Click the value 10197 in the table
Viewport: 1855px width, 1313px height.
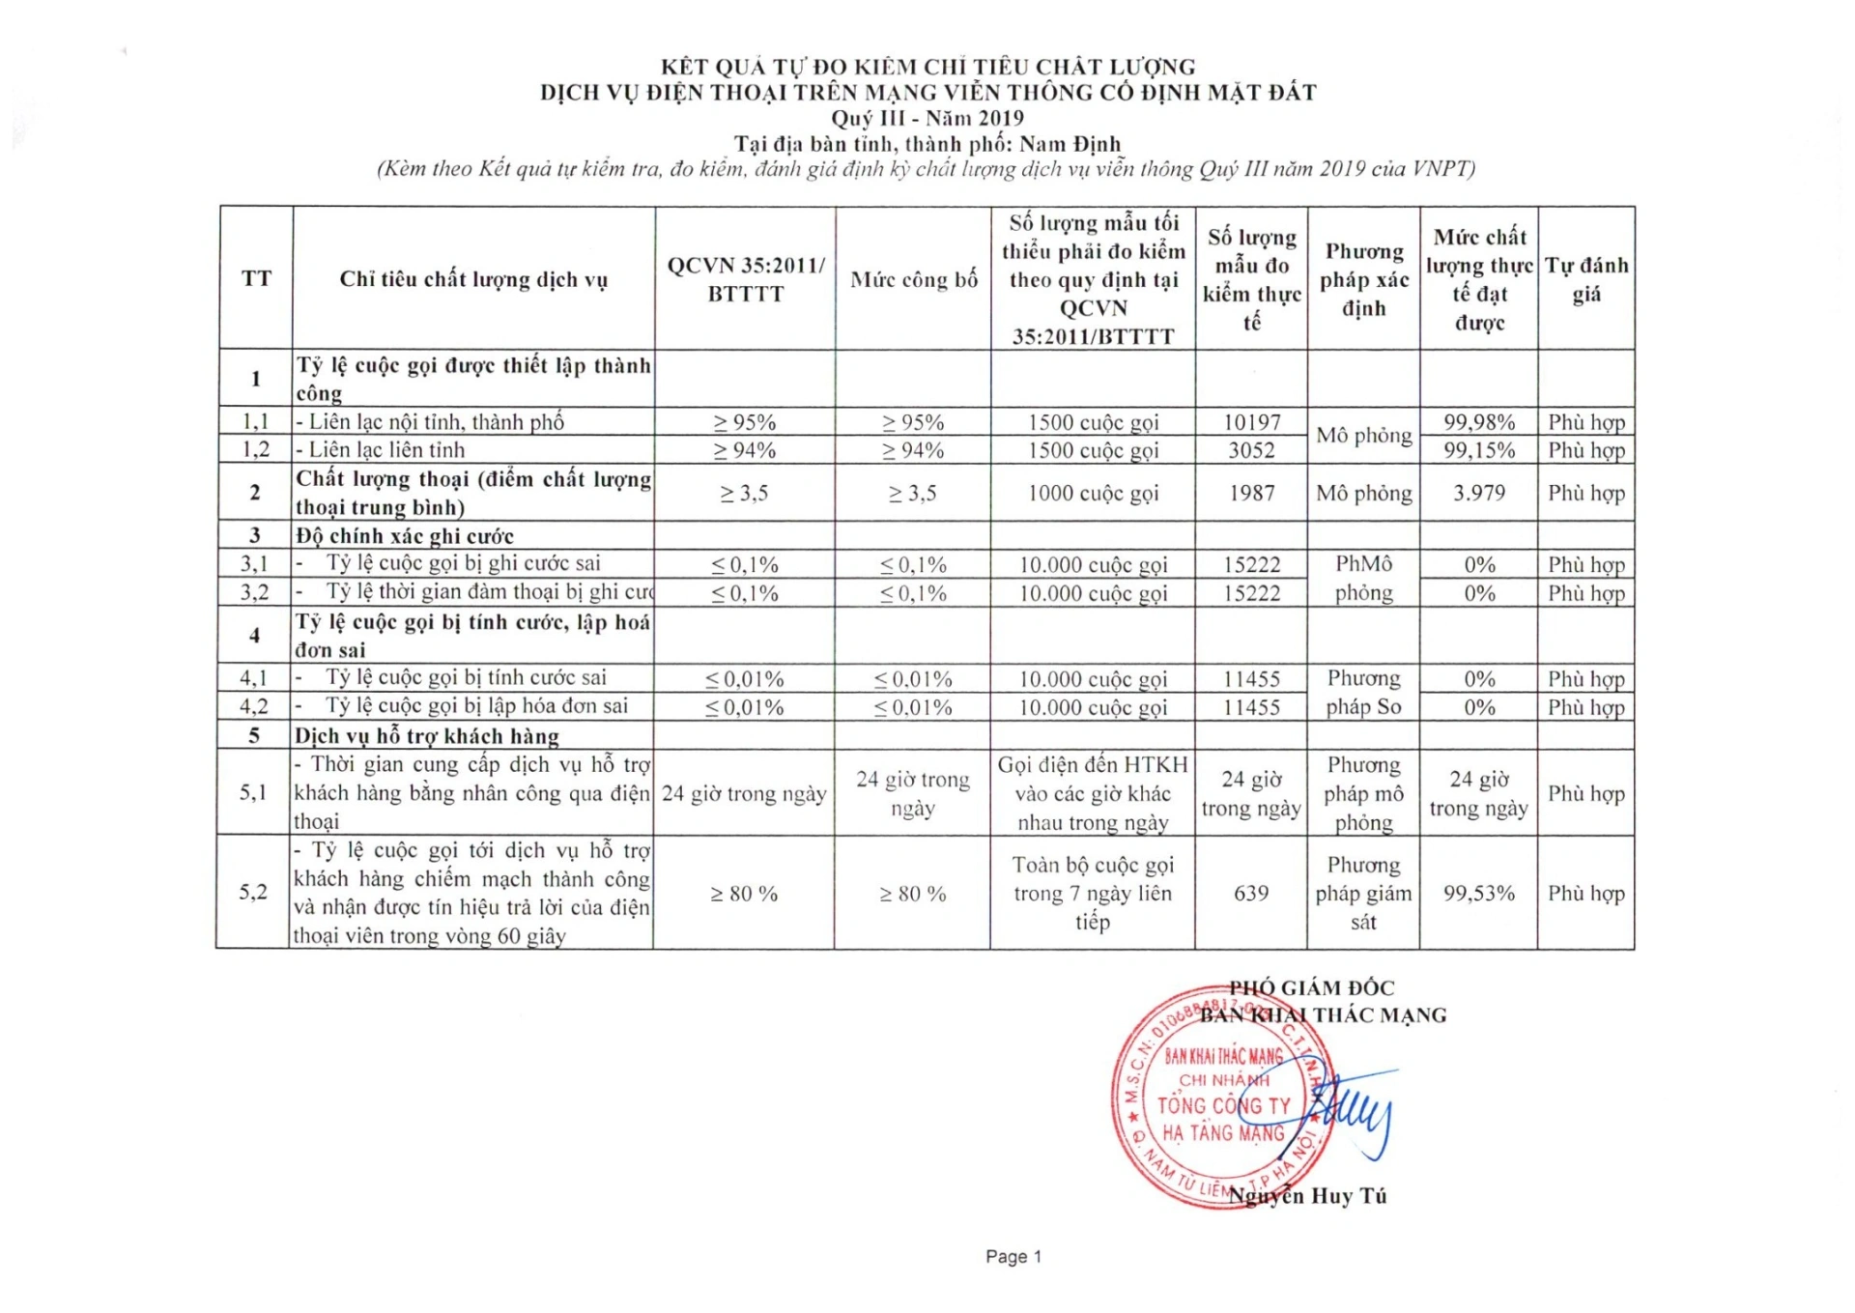(1251, 422)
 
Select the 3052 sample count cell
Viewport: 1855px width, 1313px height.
(1251, 450)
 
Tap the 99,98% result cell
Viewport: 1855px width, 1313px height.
(1478, 422)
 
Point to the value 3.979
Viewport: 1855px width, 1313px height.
(1478, 493)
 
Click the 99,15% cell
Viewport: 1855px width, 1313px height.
(1478, 450)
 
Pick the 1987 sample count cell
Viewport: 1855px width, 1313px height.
(1251, 493)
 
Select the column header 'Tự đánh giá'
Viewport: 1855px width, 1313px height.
(1585, 279)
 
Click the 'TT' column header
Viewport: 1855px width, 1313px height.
(256, 279)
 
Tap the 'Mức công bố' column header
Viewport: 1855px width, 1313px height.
(913, 280)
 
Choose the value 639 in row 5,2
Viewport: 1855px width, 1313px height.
(1250, 893)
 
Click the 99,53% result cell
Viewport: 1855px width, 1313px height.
(1478, 893)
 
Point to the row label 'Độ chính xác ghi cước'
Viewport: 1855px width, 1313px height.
(405, 536)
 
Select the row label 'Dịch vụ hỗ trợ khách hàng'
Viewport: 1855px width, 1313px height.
(427, 736)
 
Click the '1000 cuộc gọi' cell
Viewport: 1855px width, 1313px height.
(1092, 493)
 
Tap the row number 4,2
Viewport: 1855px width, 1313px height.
(253, 706)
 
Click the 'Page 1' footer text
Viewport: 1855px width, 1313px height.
(1013, 1256)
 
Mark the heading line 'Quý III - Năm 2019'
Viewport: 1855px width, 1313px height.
(927, 118)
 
